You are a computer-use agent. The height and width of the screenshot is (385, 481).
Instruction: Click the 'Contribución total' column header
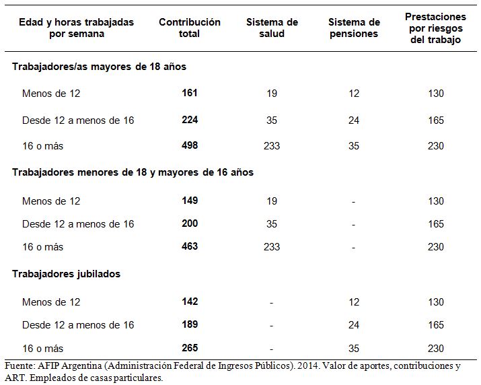190,28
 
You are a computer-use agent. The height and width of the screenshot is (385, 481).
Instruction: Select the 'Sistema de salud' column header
272,28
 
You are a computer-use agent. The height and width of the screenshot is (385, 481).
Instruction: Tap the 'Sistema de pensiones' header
354,28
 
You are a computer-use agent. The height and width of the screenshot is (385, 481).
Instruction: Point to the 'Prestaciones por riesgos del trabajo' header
436,28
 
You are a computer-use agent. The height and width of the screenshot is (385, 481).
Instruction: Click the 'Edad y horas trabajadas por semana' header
77,28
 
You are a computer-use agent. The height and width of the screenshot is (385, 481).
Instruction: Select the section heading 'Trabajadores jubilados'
66,273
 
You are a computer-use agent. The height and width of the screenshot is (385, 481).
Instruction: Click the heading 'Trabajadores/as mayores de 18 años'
99,67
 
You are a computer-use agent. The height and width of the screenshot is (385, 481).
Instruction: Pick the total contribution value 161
190,93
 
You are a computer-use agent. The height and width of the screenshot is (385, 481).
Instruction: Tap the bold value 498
190,145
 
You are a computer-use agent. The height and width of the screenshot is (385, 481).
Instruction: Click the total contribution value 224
190,119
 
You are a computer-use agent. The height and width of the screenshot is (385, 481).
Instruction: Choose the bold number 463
190,246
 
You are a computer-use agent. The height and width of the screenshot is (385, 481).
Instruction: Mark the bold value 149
190,201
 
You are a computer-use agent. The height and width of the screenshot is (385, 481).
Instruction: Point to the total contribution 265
190,348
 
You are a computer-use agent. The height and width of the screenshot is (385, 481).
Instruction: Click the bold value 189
190,324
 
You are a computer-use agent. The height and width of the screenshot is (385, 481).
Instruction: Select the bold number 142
190,301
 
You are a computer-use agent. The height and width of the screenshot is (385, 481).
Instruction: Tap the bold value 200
190,223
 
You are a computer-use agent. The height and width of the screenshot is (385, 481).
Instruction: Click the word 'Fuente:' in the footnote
20,365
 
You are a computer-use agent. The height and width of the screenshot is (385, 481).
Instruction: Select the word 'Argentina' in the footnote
81,366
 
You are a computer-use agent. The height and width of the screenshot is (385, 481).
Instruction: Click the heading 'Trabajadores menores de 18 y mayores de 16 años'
133,172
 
